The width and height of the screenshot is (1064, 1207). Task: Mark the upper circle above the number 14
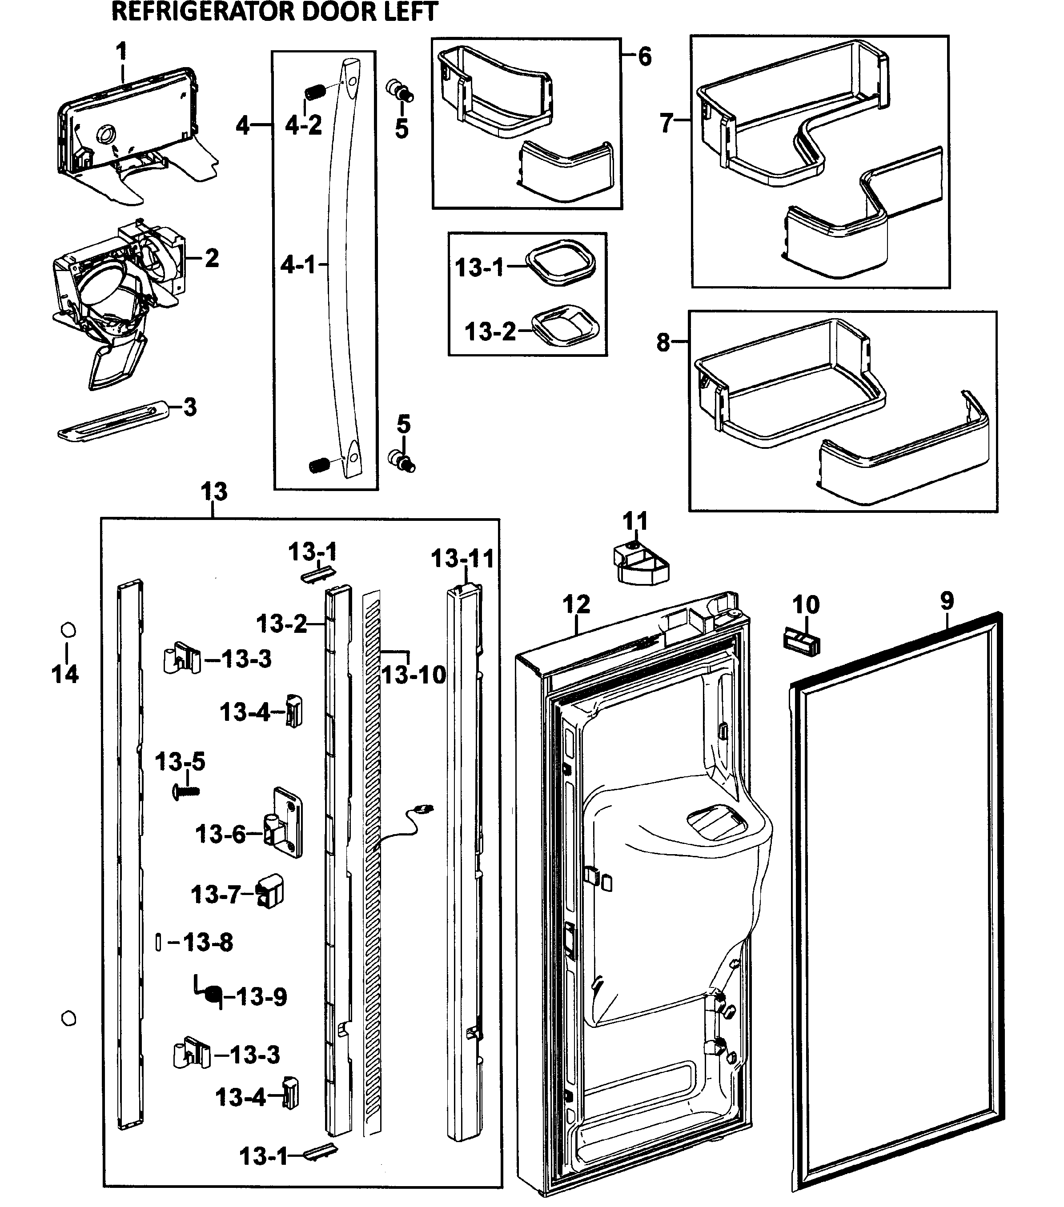[68, 630]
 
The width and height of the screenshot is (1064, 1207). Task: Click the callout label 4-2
[303, 125]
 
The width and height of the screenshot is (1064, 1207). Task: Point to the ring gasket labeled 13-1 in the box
[559, 263]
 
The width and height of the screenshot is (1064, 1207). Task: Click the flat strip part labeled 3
[112, 420]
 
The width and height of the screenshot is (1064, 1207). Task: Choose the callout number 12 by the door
[576, 605]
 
